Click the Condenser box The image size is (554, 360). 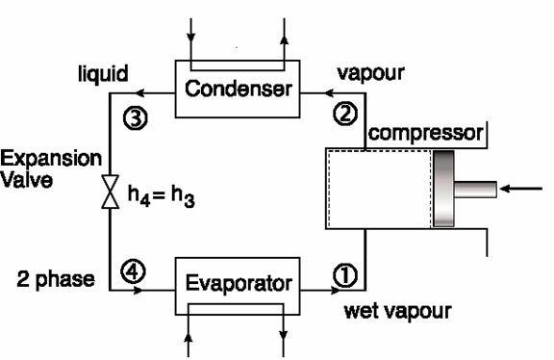236,90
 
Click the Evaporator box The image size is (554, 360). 238,286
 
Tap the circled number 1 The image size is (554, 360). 344,274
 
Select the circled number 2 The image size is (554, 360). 344,113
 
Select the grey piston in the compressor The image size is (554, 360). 443,189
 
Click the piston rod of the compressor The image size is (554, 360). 475,190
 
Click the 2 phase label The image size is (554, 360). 56,279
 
